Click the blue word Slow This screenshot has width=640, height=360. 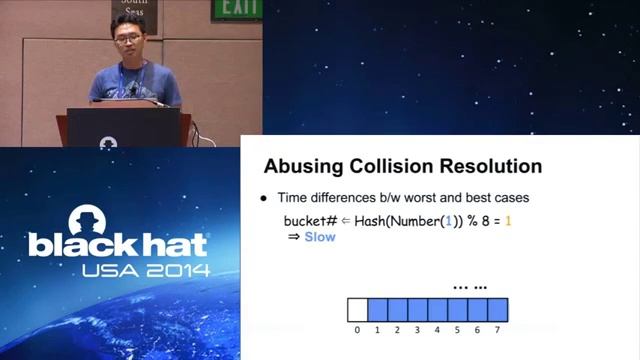320,237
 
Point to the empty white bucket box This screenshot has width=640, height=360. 357,309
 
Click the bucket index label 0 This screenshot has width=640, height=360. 357,329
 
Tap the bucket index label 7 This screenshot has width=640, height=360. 497,329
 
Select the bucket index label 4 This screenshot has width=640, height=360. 437,329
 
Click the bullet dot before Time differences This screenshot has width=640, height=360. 264,198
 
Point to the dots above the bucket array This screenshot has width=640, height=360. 470,287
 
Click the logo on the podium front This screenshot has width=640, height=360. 108,142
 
